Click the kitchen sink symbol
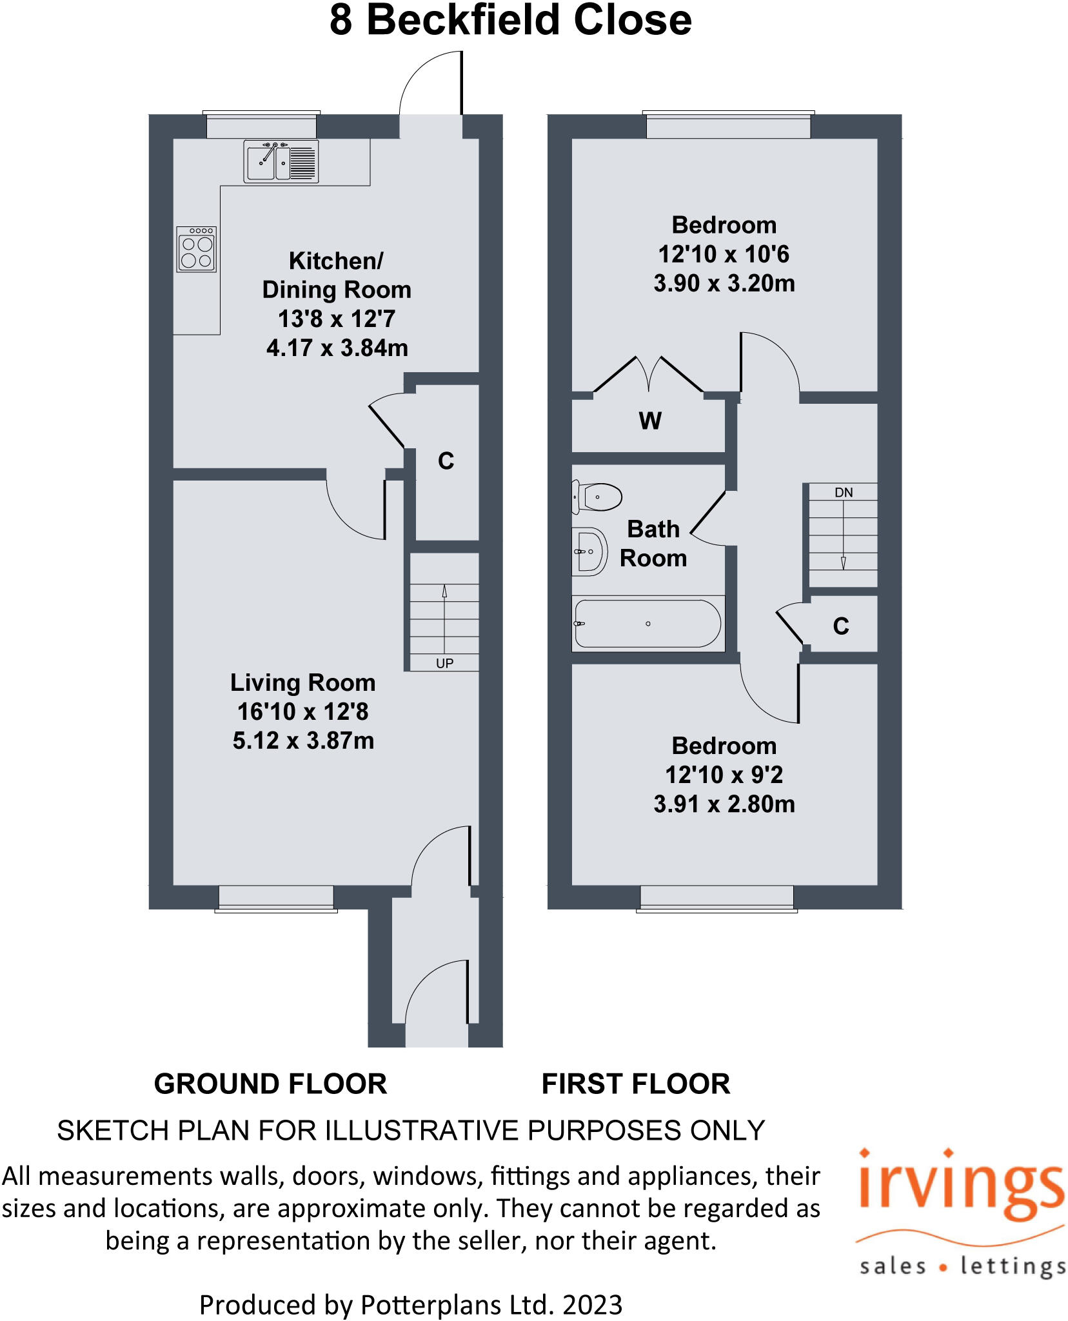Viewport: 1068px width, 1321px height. pos(281,161)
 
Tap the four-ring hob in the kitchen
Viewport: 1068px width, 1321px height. pos(197,249)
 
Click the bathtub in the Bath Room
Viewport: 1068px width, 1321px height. pos(648,624)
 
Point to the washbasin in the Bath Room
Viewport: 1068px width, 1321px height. pos(589,551)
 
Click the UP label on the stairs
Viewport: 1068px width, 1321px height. pos(444,663)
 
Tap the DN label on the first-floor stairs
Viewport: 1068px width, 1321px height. pos(843,493)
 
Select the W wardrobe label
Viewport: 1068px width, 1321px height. pos(649,421)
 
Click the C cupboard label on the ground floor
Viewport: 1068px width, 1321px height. pos(446,461)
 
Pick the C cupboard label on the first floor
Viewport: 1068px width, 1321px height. pos(840,626)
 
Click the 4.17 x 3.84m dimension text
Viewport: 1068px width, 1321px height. pos(337,348)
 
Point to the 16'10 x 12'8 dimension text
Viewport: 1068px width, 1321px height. pos(302,711)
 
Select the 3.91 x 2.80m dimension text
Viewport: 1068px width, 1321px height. pos(724,804)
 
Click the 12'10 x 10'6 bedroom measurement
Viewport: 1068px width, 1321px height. pos(724,254)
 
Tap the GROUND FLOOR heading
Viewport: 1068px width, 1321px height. pos(270,1084)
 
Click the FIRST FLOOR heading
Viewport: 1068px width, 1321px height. pos(635,1084)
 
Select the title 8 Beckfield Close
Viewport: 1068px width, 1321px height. pos(510,20)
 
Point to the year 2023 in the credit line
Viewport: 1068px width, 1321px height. pos(592,1305)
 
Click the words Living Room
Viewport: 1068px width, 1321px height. pos(302,682)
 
